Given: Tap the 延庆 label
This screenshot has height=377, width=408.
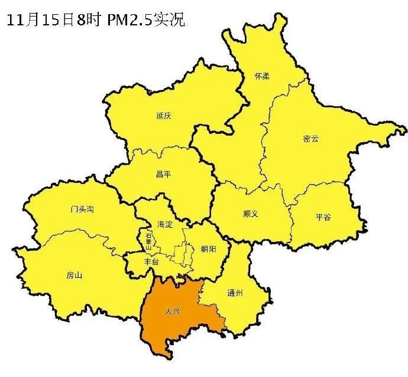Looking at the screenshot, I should (x=164, y=116).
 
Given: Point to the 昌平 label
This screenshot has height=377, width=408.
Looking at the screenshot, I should (x=163, y=175).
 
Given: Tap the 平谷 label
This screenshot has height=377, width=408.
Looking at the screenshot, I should (x=323, y=217).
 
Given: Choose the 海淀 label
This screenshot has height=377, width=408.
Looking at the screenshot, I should (x=165, y=224).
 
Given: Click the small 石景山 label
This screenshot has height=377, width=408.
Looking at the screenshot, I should (x=148, y=242).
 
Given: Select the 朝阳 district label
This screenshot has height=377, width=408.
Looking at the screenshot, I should (x=208, y=249).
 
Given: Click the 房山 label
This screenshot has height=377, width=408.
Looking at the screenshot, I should (x=74, y=276).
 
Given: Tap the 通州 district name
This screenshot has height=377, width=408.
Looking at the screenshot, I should (x=235, y=293).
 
